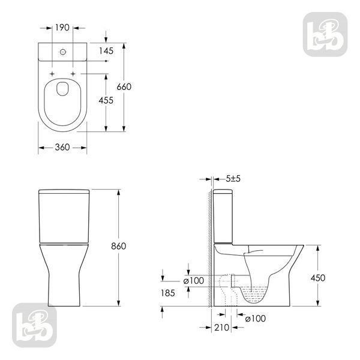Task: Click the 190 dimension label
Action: click(62, 28)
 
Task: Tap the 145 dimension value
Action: click(106, 51)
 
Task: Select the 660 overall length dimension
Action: click(124, 87)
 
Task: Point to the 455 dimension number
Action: click(106, 100)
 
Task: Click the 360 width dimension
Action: click(62, 147)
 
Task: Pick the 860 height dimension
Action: click(118, 246)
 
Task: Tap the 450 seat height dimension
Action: click(318, 278)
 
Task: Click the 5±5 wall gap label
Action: click(233, 179)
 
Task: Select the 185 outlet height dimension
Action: click(168, 293)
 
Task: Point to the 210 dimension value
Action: click(222, 328)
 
